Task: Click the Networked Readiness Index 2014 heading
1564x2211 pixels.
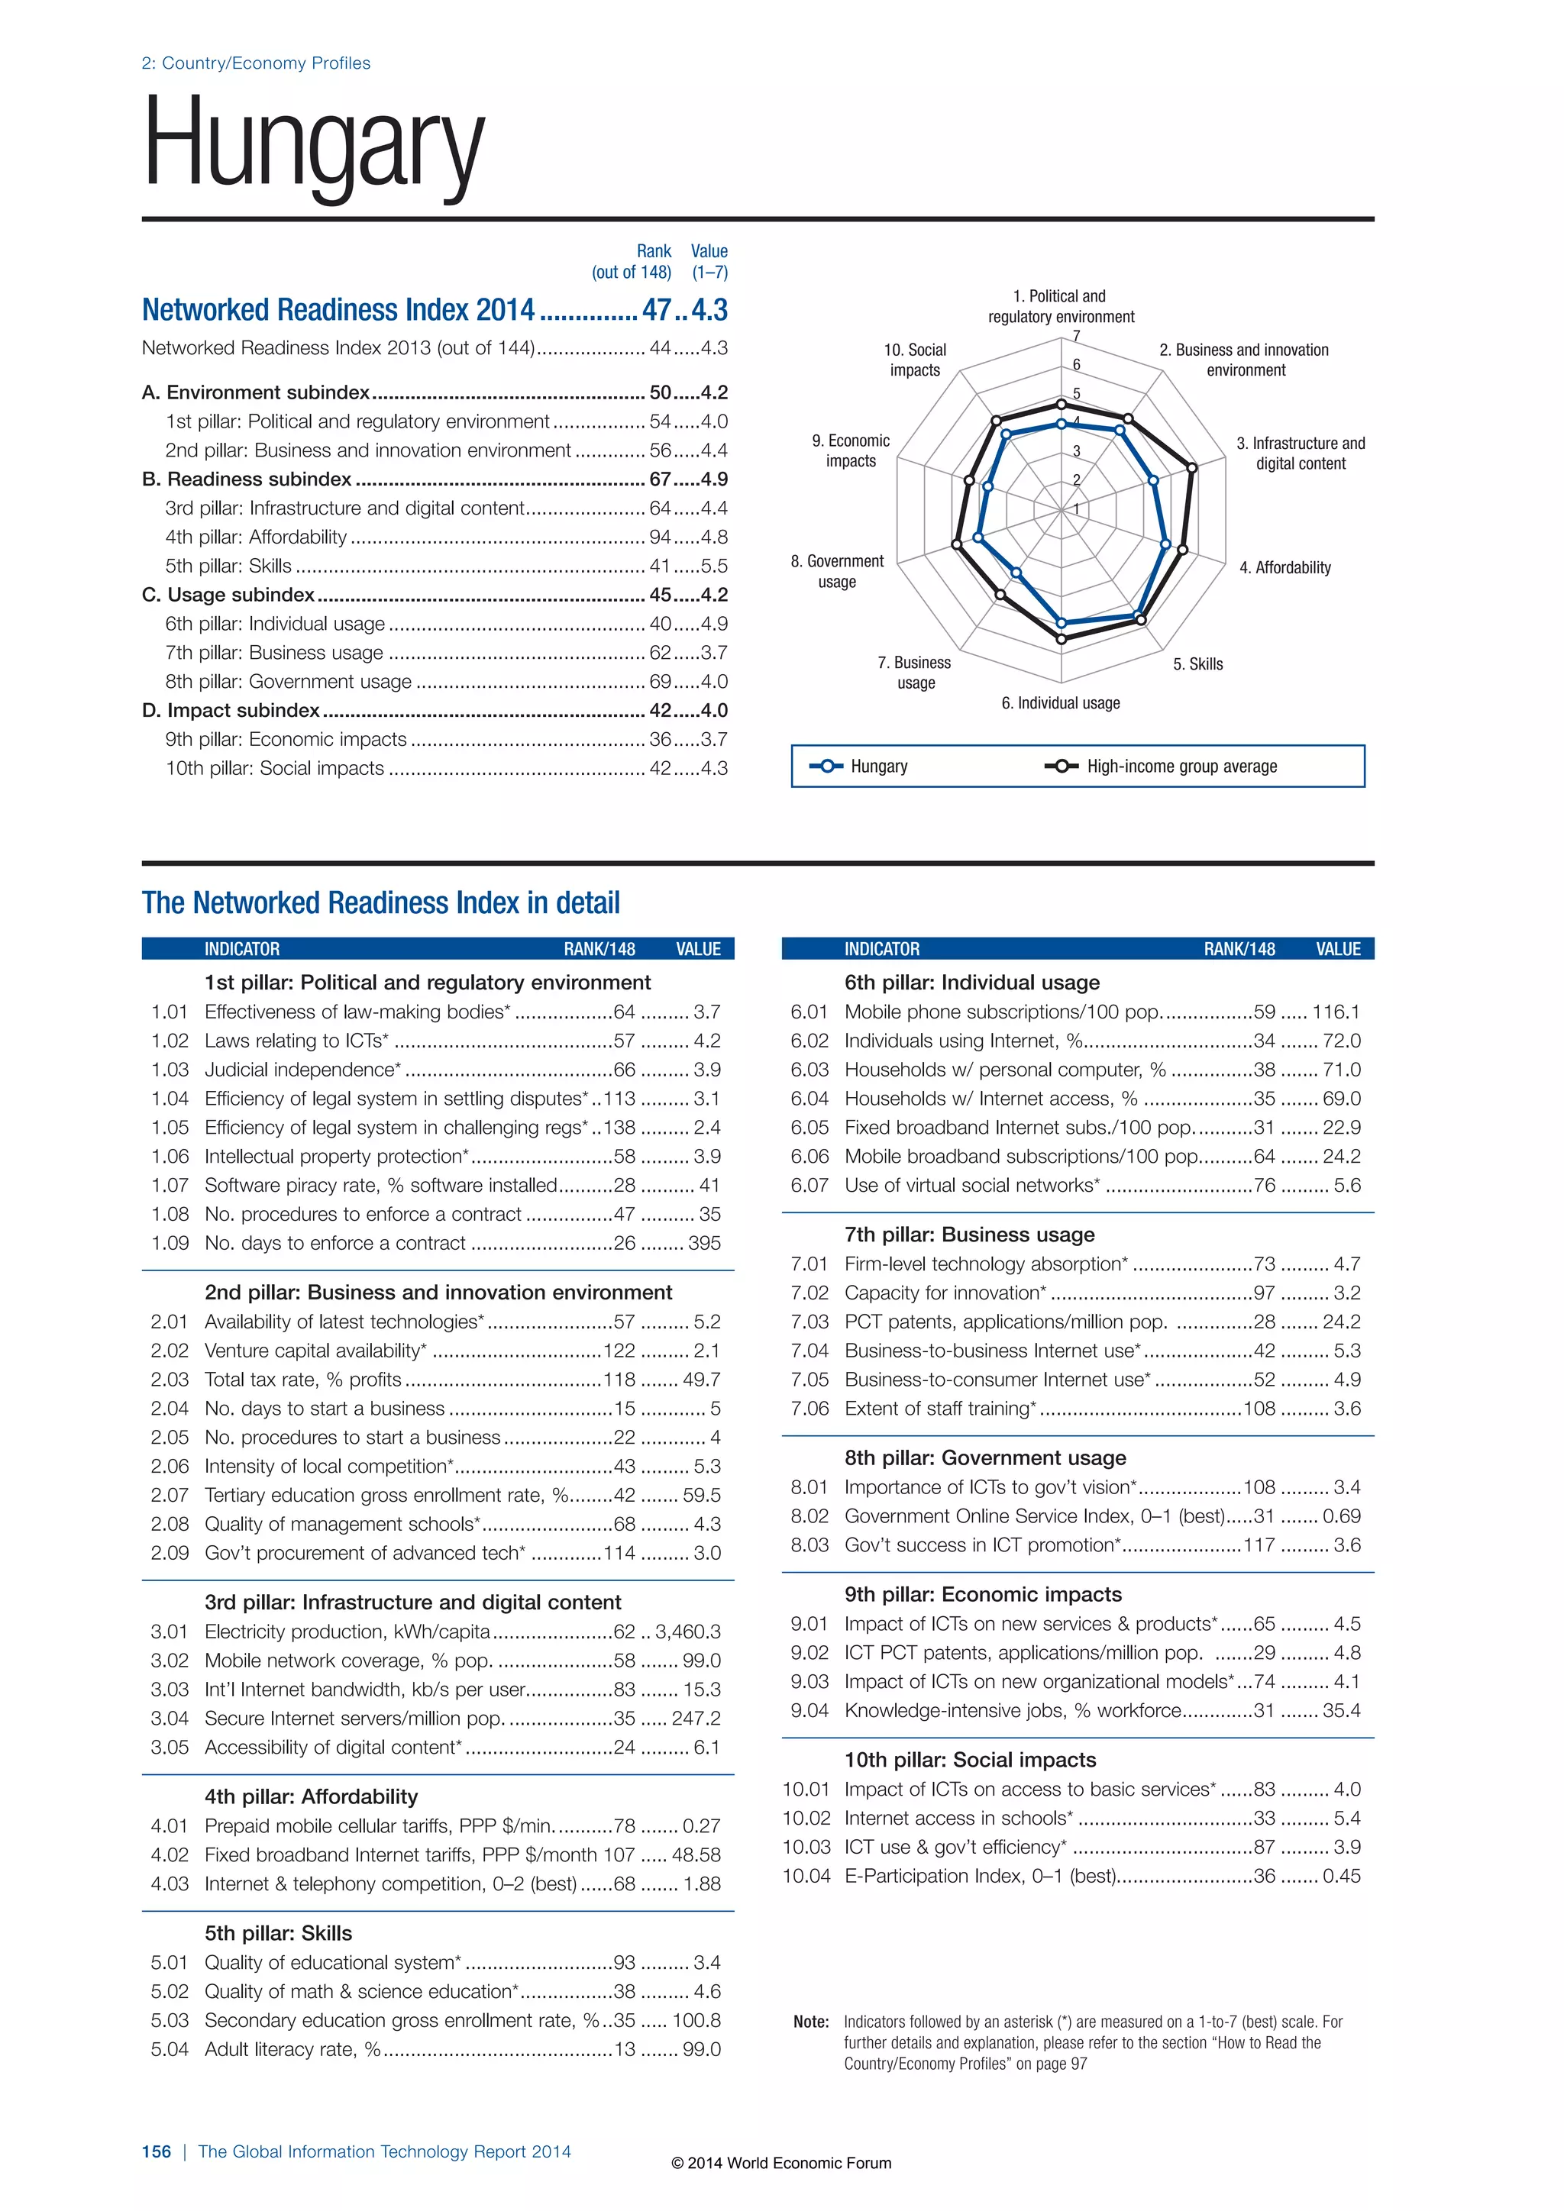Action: click(338, 310)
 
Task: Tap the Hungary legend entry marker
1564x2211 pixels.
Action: click(826, 767)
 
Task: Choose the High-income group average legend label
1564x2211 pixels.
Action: click(1181, 767)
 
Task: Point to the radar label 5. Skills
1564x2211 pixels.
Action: click(1197, 664)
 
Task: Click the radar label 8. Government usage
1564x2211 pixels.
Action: click(837, 571)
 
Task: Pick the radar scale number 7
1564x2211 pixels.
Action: click(1076, 336)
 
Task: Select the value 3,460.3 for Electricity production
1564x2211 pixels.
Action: click(687, 1632)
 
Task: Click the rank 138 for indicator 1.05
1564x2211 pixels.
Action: click(619, 1128)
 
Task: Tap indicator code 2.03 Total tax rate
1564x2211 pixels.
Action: click(170, 1380)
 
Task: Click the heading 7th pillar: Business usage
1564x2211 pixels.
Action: click(969, 1235)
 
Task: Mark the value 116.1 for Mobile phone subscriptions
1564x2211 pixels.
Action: click(1336, 1012)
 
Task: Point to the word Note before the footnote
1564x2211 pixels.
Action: click(811, 2022)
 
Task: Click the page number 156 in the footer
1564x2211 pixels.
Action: click(156, 2151)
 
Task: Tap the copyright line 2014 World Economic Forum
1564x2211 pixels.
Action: click(781, 2163)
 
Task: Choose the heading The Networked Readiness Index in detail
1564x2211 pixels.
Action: click(380, 903)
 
